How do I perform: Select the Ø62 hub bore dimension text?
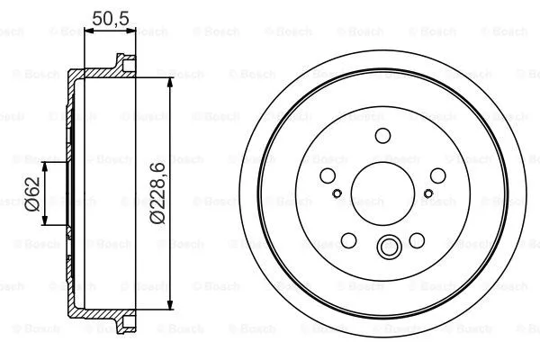pyautogui.click(x=31, y=193)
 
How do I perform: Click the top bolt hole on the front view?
pyautogui.click(x=382, y=136)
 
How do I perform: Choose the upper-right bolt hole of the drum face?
pyautogui.click(x=439, y=175)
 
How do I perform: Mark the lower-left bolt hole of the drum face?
pyautogui.click(x=348, y=240)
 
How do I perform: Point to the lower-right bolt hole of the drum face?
pyautogui.click(x=417, y=240)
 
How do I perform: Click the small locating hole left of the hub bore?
pyautogui.click(x=337, y=193)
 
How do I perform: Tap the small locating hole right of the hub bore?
pyautogui.click(x=428, y=193)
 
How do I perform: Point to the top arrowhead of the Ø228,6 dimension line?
pyautogui.click(x=170, y=79)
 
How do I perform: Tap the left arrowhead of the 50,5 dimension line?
pyautogui.click(x=87, y=31)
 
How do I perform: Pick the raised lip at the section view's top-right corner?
pyautogui.click(x=121, y=62)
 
